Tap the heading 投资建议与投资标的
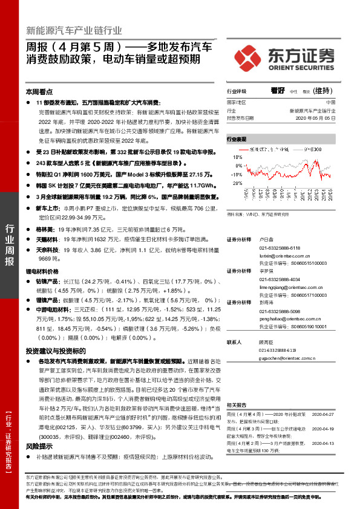click(55, 351)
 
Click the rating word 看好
click(278, 90)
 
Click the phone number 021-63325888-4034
click(280, 279)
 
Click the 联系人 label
click(235, 342)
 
